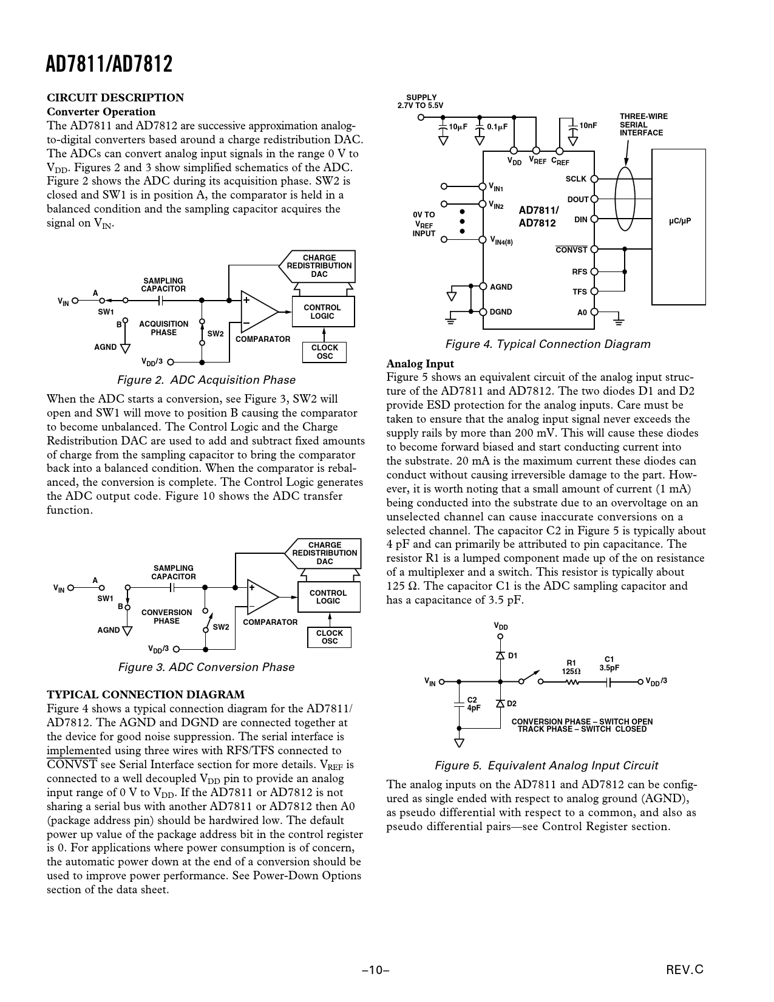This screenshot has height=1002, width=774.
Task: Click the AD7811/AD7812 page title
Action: tap(109, 64)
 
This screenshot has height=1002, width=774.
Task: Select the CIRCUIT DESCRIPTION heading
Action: tap(115, 98)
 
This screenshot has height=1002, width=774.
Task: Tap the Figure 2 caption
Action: tap(206, 380)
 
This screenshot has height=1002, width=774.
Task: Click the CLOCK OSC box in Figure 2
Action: tap(324, 352)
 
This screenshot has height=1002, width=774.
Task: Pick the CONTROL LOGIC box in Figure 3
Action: tap(328, 597)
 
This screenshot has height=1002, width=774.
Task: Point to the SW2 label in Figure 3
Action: tap(221, 627)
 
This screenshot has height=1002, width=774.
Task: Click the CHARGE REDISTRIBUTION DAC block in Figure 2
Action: tap(319, 266)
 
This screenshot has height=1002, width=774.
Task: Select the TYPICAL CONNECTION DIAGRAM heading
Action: tap(146, 695)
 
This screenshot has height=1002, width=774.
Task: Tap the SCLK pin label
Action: tap(576, 179)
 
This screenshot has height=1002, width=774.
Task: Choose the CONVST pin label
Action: tap(571, 250)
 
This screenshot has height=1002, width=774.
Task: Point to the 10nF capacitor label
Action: tap(588, 126)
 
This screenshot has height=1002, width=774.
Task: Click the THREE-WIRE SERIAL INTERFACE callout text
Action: tap(643, 124)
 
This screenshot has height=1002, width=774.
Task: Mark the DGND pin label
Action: tap(501, 312)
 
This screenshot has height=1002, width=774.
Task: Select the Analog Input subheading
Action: tap(420, 364)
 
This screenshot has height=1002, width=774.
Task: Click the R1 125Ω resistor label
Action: tap(571, 667)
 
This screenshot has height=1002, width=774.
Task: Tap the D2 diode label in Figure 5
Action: tap(512, 703)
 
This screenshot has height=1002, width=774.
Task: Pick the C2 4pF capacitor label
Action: tap(474, 704)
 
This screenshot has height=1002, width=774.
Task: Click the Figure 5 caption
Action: tap(546, 766)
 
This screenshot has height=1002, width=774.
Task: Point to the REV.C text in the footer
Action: tap(684, 970)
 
